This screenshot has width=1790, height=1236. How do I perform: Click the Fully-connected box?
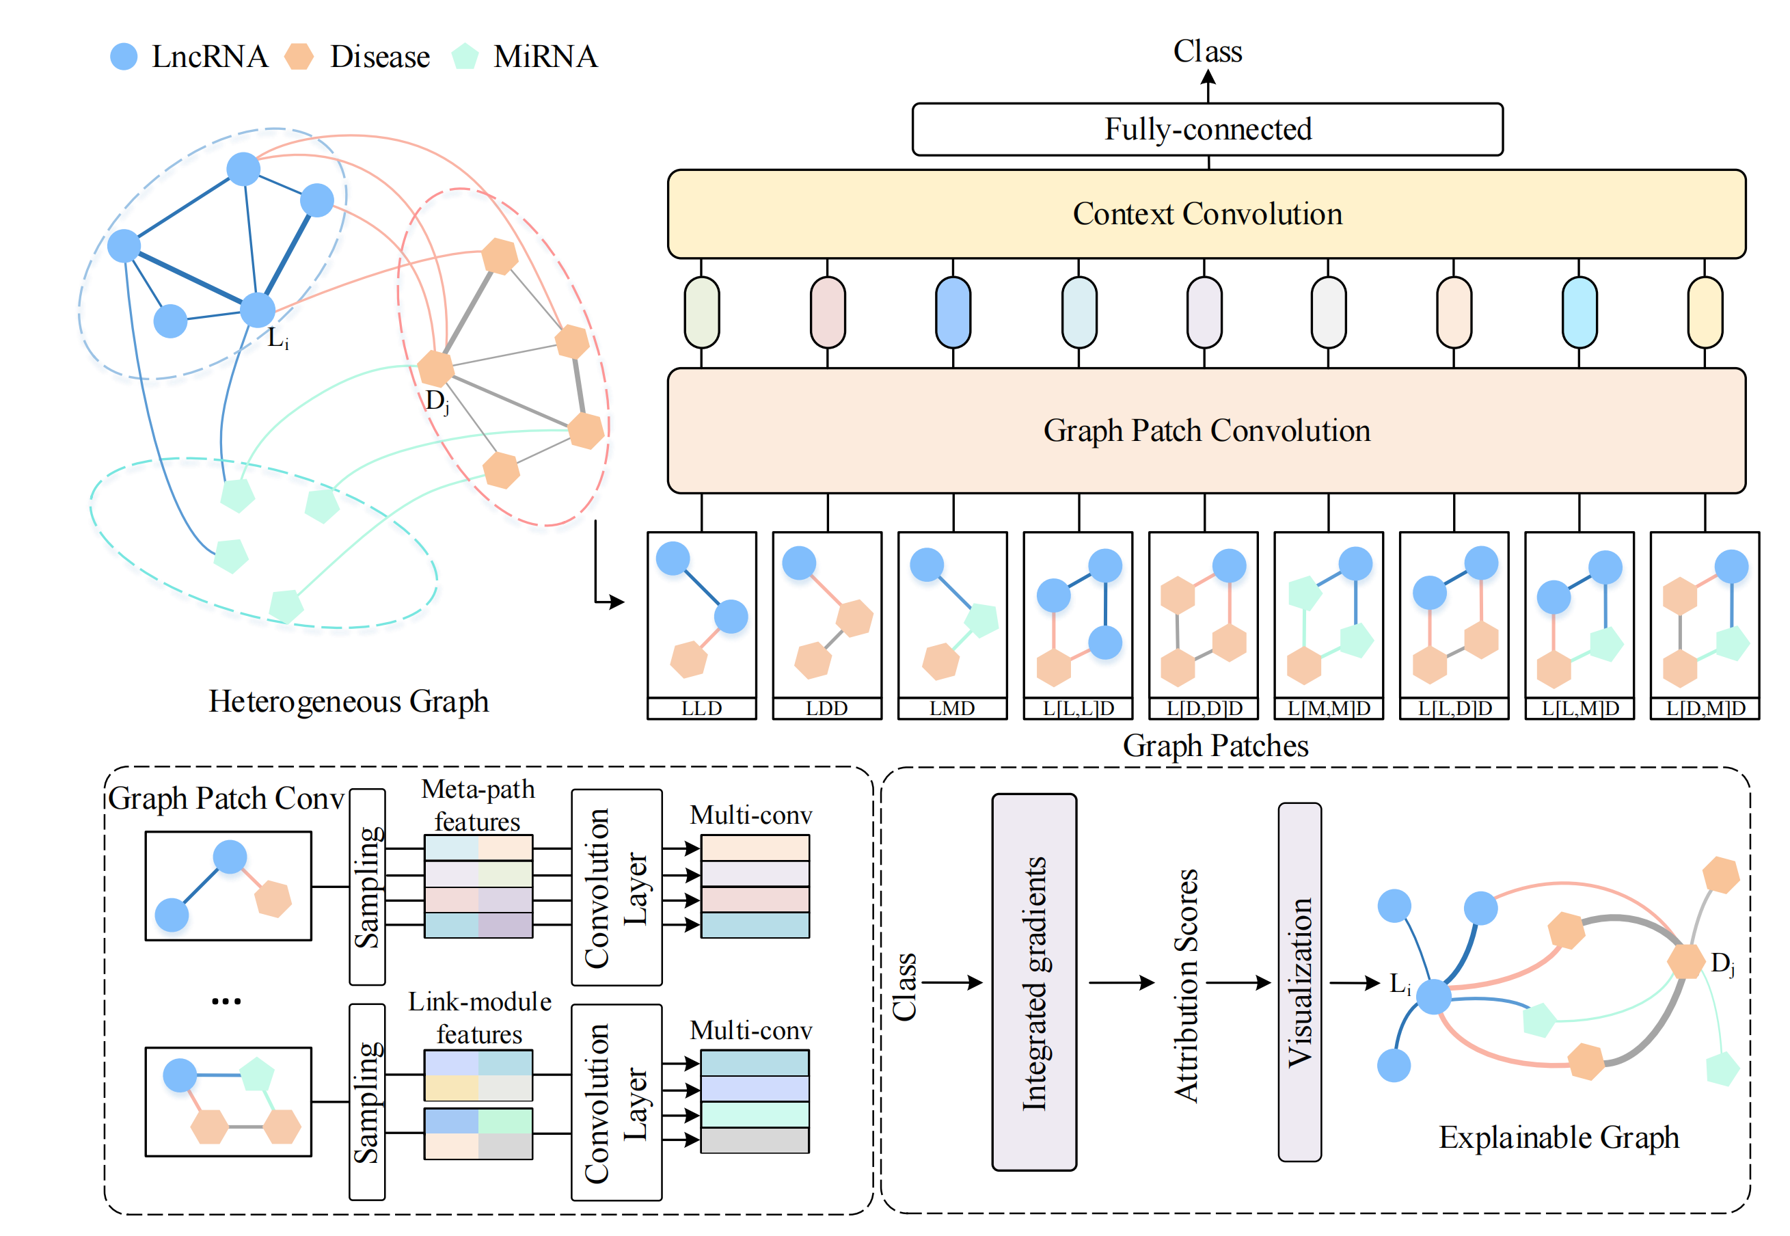[x=1207, y=129]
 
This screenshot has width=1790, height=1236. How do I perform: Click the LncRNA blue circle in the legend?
[x=124, y=57]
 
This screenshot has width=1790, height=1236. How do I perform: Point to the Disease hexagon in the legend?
[x=299, y=57]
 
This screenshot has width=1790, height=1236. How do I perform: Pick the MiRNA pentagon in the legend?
[x=465, y=57]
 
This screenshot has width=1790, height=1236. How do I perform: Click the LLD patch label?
[x=701, y=708]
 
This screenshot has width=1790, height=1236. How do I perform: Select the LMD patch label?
[x=952, y=708]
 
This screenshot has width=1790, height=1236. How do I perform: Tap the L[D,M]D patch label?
[x=1705, y=708]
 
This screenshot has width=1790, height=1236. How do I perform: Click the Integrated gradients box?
[x=1033, y=982]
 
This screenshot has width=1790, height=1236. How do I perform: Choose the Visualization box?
[x=1299, y=982]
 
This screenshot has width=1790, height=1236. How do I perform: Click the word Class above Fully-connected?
[x=1207, y=52]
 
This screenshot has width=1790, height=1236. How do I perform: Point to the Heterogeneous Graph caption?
[x=349, y=701]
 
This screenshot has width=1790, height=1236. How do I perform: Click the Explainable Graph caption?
[x=1558, y=1137]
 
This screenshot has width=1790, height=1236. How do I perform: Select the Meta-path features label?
[x=478, y=805]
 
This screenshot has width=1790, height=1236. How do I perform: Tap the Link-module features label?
[x=479, y=1018]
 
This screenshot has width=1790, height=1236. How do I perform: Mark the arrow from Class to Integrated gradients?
[x=952, y=983]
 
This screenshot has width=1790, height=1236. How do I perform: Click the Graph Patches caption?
[x=1215, y=746]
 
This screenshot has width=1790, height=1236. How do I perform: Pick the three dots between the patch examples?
[x=226, y=1002]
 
